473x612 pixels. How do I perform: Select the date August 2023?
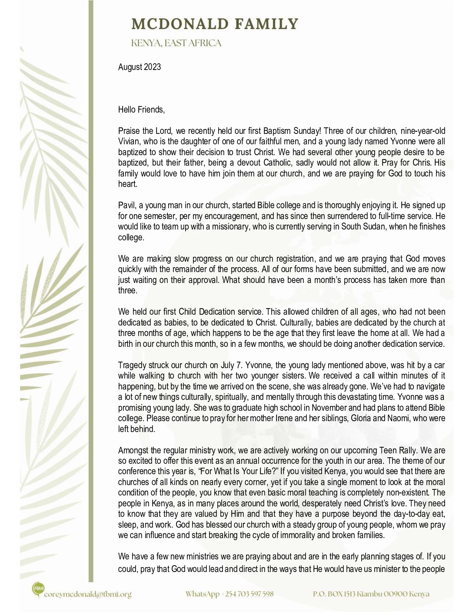click(x=139, y=67)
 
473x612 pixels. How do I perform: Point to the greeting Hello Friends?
click(x=141, y=110)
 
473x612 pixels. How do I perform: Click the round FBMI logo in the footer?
click(x=37, y=589)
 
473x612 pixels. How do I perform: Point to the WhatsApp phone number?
click(x=250, y=594)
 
